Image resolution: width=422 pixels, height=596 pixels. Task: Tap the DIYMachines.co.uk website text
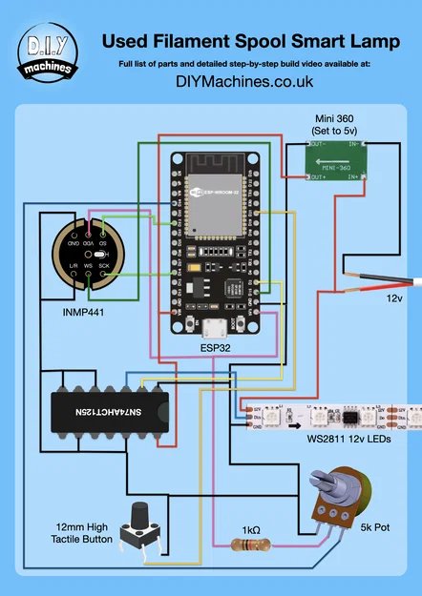245,82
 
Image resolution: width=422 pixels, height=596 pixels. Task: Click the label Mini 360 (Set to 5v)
334,125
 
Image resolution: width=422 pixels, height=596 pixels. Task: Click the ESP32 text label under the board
214,348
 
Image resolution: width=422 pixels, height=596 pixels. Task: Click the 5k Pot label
375,525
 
